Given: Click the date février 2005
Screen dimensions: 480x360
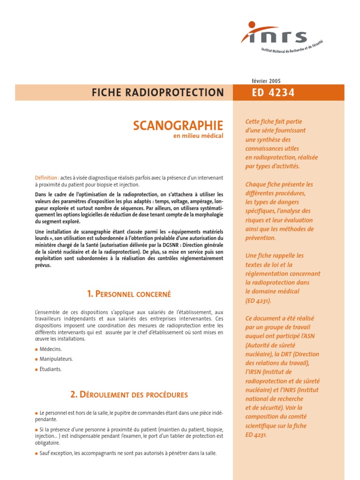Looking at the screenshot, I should point(266,81).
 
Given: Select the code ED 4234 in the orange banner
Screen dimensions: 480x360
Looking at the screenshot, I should point(273,93).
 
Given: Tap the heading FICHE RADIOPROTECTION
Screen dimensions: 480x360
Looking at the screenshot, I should point(157,93).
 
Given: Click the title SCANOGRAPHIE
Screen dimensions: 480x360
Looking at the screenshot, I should point(178,126).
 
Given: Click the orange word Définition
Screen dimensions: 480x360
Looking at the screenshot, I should point(46,178).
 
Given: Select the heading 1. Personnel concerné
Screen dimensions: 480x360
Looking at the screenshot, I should point(129,294).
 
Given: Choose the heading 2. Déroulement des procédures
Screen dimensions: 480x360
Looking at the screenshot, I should point(129,395).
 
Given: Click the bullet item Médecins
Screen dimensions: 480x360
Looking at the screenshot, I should point(51,349).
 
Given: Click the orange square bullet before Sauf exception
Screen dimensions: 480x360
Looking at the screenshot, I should point(37,454).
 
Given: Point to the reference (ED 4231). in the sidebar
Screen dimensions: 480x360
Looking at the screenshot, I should point(258,300).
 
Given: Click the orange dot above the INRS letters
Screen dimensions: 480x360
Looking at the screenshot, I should point(252,25).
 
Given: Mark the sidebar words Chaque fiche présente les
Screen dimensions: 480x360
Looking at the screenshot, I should point(279,184).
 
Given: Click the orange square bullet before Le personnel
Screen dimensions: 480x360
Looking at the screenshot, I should point(37,413).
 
